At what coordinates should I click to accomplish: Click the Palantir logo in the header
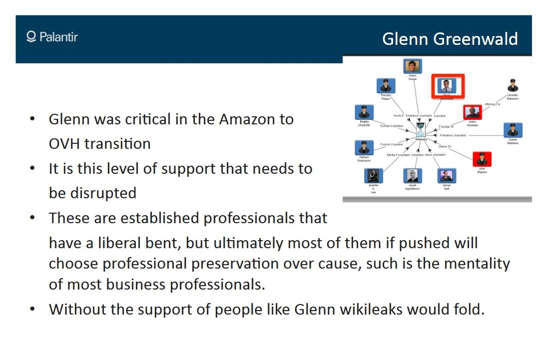pos(52,37)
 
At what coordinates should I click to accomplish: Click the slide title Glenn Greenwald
pos(450,39)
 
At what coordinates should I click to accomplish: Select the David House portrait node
pos(412,66)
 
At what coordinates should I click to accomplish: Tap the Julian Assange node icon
pos(472,112)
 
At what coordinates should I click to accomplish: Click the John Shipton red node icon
pos(482,159)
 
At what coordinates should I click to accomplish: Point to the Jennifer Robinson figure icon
pos(512,85)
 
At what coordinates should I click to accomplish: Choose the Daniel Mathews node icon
pos(512,130)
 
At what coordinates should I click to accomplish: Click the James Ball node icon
pos(446,175)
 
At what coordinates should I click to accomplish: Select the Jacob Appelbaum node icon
pos(412,175)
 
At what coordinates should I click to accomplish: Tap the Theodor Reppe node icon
pos(385,86)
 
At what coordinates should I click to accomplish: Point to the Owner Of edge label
pos(445,147)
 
